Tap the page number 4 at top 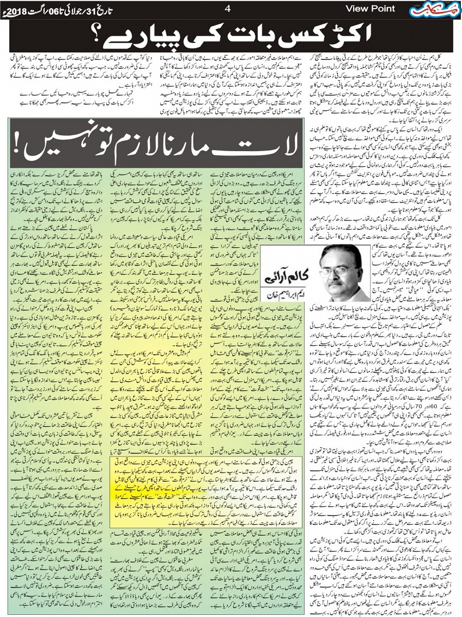[228, 8]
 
